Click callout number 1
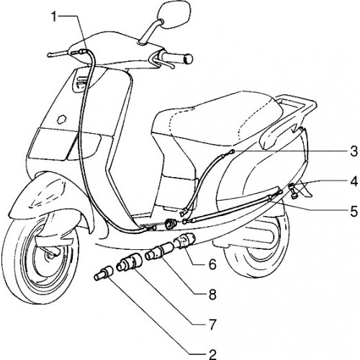point(55,17)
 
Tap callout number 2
point(212,353)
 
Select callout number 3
point(354,152)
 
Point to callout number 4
point(354,181)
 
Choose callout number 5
point(354,211)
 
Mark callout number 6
point(212,264)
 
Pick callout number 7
point(212,324)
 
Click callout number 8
point(212,294)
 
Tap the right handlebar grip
point(177,58)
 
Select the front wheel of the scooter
point(41,261)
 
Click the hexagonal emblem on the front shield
point(62,119)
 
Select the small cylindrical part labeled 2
point(104,273)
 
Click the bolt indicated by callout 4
point(293,191)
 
